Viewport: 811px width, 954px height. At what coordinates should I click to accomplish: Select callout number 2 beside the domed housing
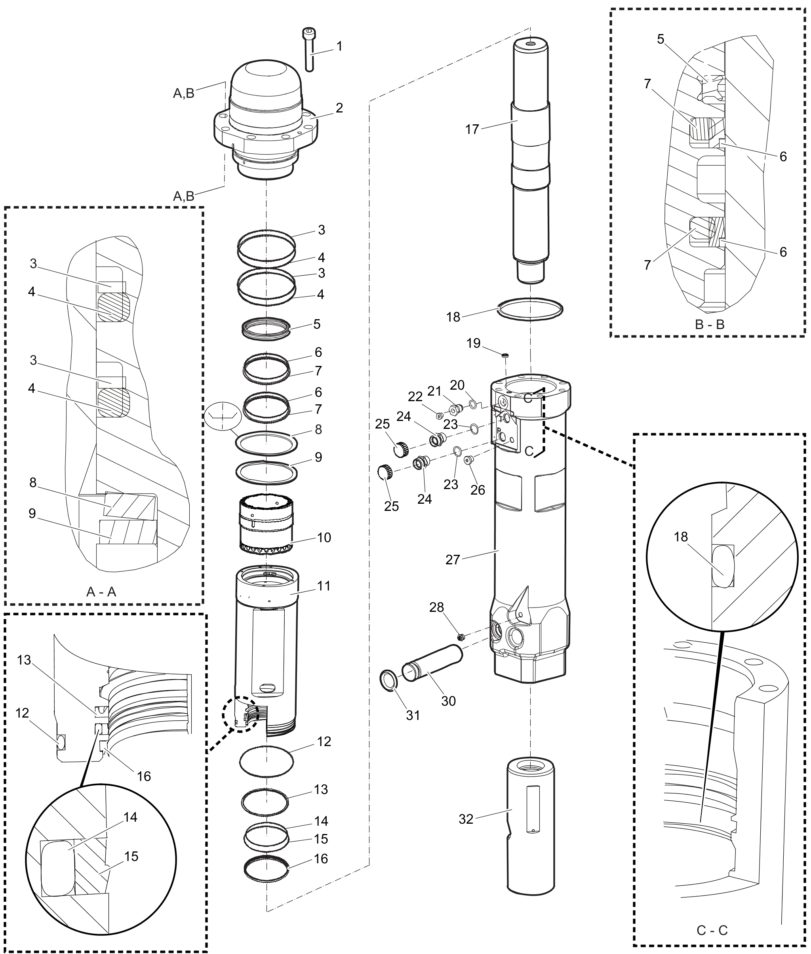click(339, 108)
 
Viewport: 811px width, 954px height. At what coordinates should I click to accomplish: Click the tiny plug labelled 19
click(506, 355)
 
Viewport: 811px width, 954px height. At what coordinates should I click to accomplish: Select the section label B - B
click(709, 325)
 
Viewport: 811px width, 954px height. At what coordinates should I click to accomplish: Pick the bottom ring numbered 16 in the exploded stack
click(266, 868)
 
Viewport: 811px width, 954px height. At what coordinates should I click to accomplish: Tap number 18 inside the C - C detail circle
click(681, 537)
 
